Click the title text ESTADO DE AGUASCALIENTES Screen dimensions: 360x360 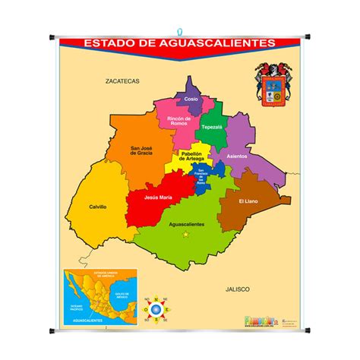click(179, 43)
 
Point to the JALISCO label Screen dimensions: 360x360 click(238, 289)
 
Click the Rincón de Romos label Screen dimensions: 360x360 click(178, 121)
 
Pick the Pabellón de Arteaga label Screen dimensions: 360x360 click(193, 156)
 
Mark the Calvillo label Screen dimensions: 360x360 click(96, 207)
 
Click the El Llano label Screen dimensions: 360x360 click(248, 201)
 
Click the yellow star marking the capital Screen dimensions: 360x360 click(185, 235)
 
